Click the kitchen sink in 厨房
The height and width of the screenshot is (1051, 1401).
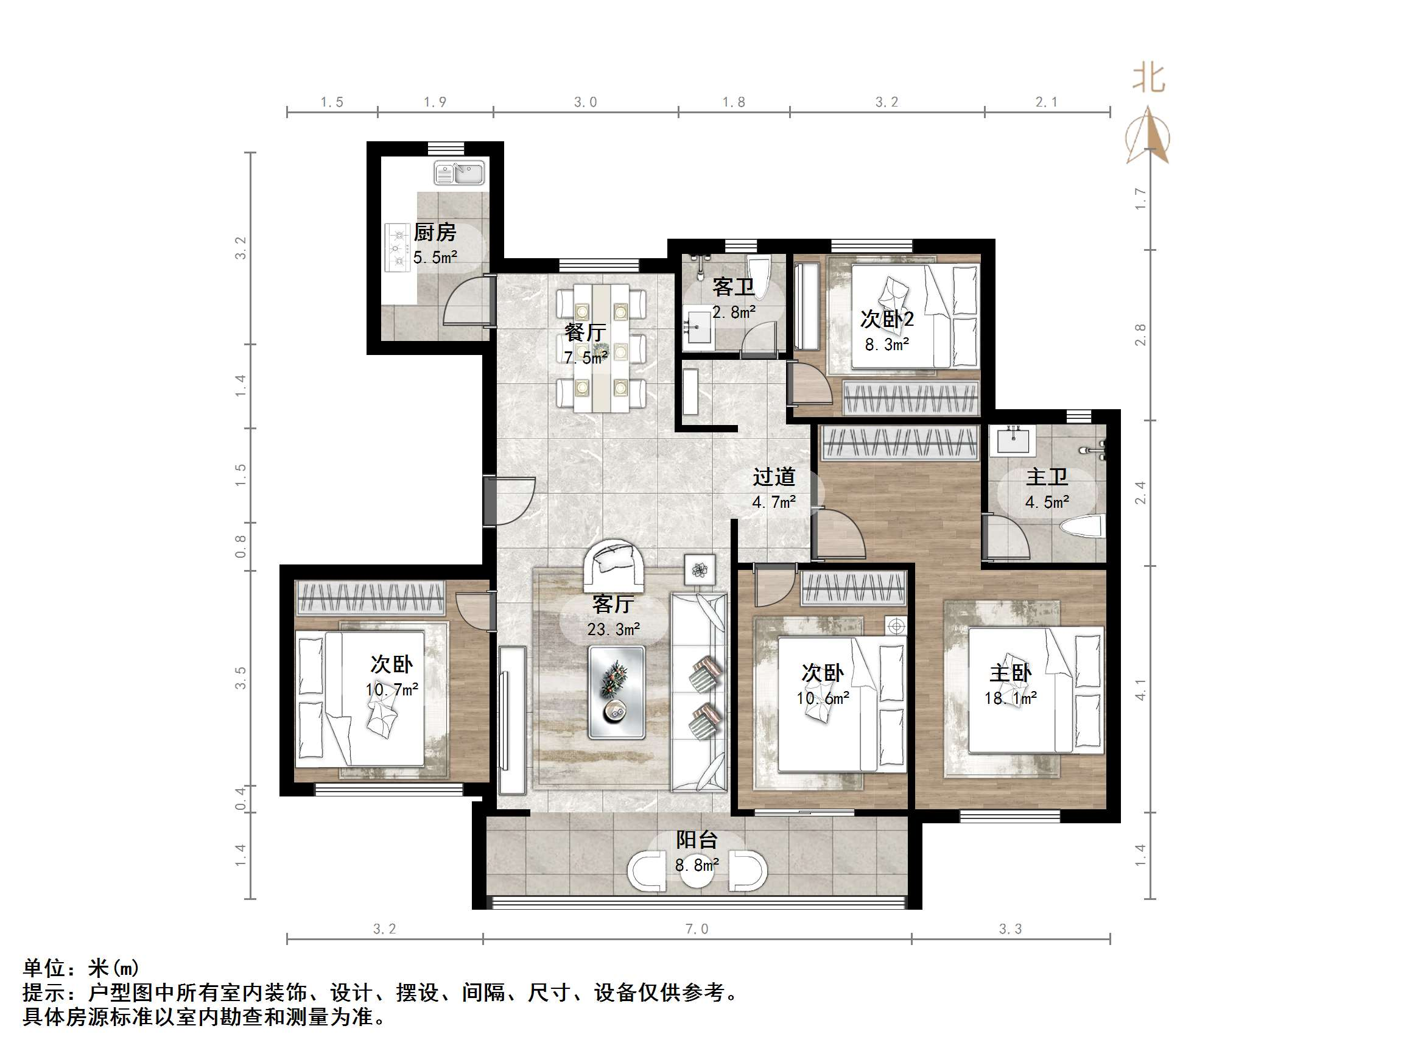pyautogui.click(x=459, y=172)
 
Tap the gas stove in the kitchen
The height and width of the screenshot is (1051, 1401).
pyautogui.click(x=398, y=248)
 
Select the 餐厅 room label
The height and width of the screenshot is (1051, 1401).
pyautogui.click(x=585, y=332)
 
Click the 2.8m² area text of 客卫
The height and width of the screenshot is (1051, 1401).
pyautogui.click(x=734, y=312)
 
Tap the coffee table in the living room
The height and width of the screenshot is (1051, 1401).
pyautogui.click(x=616, y=692)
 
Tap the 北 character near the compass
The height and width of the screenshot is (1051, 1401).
pyautogui.click(x=1148, y=79)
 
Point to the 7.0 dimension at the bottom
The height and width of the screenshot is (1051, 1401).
pyautogui.click(x=697, y=929)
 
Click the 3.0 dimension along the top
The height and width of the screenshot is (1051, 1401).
pyautogui.click(x=585, y=102)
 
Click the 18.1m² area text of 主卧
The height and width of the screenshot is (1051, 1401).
pyautogui.click(x=1010, y=698)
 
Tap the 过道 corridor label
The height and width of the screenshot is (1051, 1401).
pyautogui.click(x=773, y=476)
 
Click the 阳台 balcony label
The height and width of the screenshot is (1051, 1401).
pyautogui.click(x=697, y=840)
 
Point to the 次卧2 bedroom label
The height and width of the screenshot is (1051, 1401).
pyautogui.click(x=886, y=318)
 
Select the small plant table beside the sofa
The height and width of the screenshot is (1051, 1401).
pyautogui.click(x=700, y=569)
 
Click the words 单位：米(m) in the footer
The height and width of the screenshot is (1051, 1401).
pyautogui.click(x=81, y=968)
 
